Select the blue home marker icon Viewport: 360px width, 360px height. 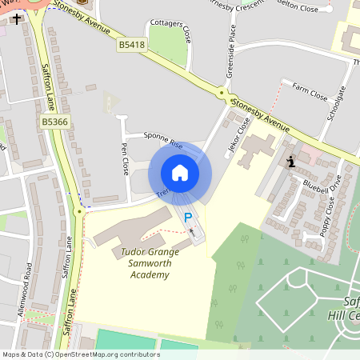tap(180, 173)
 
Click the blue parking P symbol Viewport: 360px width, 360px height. tap(189, 217)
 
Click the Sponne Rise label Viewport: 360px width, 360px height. tap(163, 140)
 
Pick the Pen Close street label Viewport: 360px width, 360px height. tap(125, 158)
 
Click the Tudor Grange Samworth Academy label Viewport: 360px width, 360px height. tap(149, 263)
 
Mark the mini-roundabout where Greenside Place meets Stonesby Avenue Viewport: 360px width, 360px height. tap(222, 93)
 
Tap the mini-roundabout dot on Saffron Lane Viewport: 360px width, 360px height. tap(78, 212)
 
